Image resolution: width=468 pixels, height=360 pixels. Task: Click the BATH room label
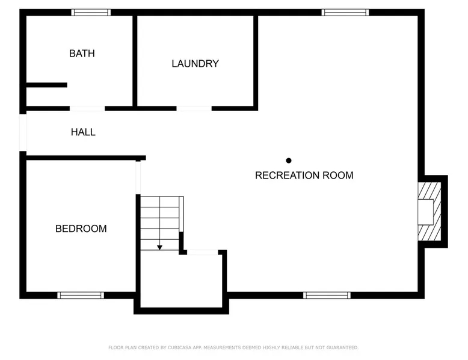point(82,53)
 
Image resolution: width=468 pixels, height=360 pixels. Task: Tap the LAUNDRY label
point(195,64)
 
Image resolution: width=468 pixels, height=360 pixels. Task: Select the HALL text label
point(83,132)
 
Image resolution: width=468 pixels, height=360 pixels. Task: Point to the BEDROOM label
point(81,228)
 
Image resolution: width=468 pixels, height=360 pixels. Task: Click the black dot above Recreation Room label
point(289,160)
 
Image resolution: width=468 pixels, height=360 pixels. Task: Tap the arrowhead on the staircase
point(159,248)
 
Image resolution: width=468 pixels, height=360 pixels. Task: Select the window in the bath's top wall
point(91,12)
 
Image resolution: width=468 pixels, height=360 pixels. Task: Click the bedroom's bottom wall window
point(81,295)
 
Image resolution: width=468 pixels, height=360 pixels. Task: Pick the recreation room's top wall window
point(345,12)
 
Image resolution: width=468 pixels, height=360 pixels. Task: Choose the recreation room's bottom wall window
point(327,295)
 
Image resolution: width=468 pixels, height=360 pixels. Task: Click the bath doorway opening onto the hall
point(87,109)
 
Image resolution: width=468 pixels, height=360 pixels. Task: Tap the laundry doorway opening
point(194,109)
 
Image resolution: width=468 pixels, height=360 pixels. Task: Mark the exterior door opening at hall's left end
point(23,133)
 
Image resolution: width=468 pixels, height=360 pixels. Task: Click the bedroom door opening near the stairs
point(138,177)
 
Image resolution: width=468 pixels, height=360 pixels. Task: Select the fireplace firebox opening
point(426,212)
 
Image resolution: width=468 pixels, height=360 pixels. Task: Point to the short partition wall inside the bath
point(47,85)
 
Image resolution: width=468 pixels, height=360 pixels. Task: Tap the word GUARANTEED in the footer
point(342,347)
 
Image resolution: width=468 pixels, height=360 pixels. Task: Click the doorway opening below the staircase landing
point(203,252)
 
